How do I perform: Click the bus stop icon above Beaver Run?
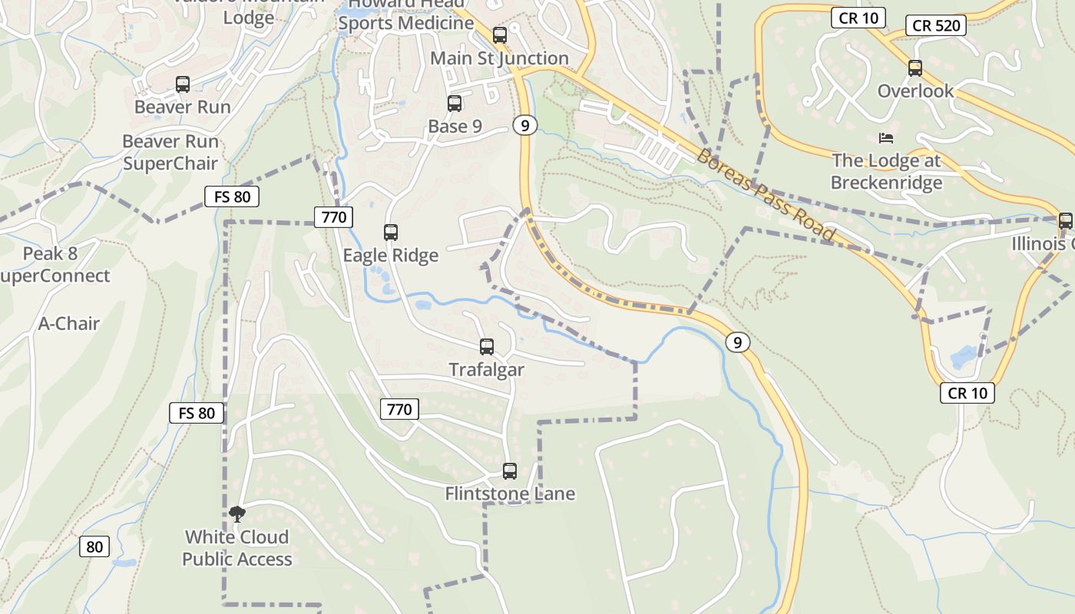(x=182, y=84)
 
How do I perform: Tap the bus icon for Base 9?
(x=455, y=104)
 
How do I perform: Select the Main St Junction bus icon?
(x=500, y=35)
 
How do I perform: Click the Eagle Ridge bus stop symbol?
(x=391, y=232)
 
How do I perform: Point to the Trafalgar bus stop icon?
(x=487, y=347)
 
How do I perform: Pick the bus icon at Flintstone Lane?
(x=510, y=471)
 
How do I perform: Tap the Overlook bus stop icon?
(x=915, y=68)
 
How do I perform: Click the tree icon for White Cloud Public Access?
(x=237, y=513)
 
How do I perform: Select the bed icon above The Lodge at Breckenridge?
(x=886, y=138)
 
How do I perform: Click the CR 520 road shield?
(x=935, y=25)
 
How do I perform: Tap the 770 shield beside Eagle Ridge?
(x=334, y=216)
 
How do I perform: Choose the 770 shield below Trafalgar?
(x=399, y=409)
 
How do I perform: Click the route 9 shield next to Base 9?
(x=524, y=125)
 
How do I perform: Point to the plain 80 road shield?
(x=94, y=546)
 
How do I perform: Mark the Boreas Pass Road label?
(x=765, y=193)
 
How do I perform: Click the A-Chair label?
(x=69, y=323)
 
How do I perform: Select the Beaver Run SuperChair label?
(x=170, y=152)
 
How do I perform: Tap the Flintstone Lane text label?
(x=510, y=494)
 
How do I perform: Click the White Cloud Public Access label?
(x=237, y=548)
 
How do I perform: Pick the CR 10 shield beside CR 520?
(x=858, y=18)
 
